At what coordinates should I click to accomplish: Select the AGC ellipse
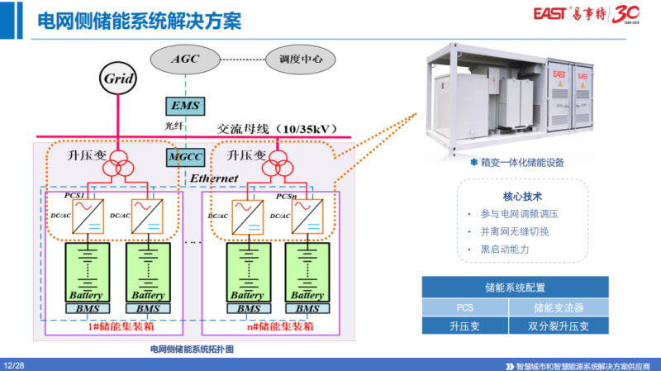(185, 59)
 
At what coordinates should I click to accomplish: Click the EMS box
(185, 105)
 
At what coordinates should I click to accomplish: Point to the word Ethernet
(214, 178)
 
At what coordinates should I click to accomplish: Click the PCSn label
(286, 196)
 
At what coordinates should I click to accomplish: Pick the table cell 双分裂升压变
(559, 326)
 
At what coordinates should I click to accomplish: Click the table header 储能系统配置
(515, 288)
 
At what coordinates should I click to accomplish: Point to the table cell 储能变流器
(559, 307)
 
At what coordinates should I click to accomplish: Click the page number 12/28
(15, 364)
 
